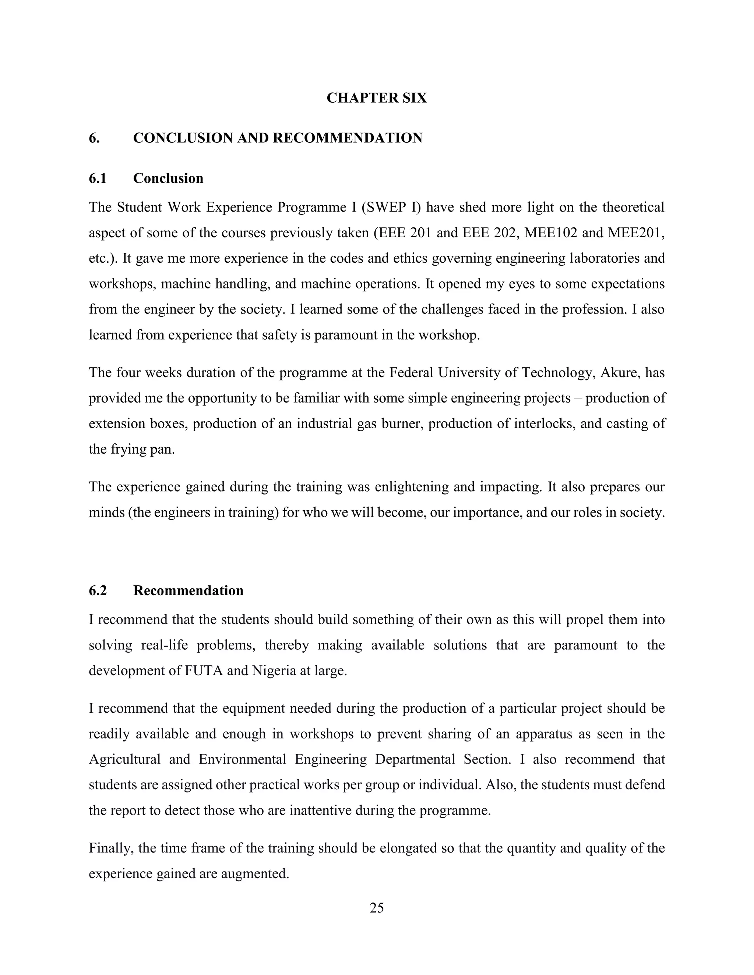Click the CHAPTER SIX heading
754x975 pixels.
click(x=377, y=98)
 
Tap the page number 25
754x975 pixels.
click(x=377, y=908)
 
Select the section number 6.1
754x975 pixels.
click(x=98, y=178)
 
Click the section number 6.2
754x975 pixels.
click(x=98, y=591)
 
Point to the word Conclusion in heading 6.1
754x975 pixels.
click(x=168, y=178)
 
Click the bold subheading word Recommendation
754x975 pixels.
click(x=188, y=591)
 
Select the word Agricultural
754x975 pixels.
click(x=125, y=759)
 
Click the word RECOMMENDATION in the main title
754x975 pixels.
click(x=348, y=138)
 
